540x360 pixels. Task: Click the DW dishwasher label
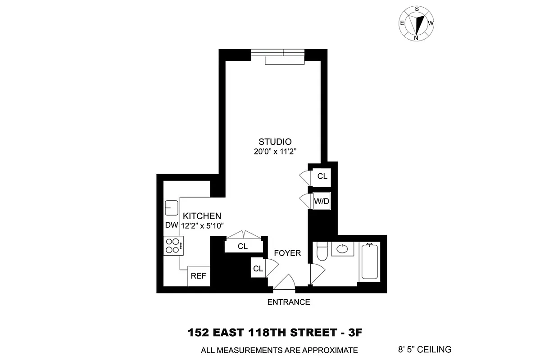coord(171,225)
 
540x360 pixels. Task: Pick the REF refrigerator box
coord(198,276)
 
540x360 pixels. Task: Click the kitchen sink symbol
coord(172,208)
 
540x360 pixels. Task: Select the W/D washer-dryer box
coord(322,201)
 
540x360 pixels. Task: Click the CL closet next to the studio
coord(322,176)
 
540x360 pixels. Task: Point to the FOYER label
coord(287,253)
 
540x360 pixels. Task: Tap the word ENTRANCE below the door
coord(289,302)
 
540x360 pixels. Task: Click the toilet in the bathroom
coord(322,252)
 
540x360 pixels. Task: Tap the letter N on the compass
coord(416,38)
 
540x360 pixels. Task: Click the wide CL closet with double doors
coord(243,246)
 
